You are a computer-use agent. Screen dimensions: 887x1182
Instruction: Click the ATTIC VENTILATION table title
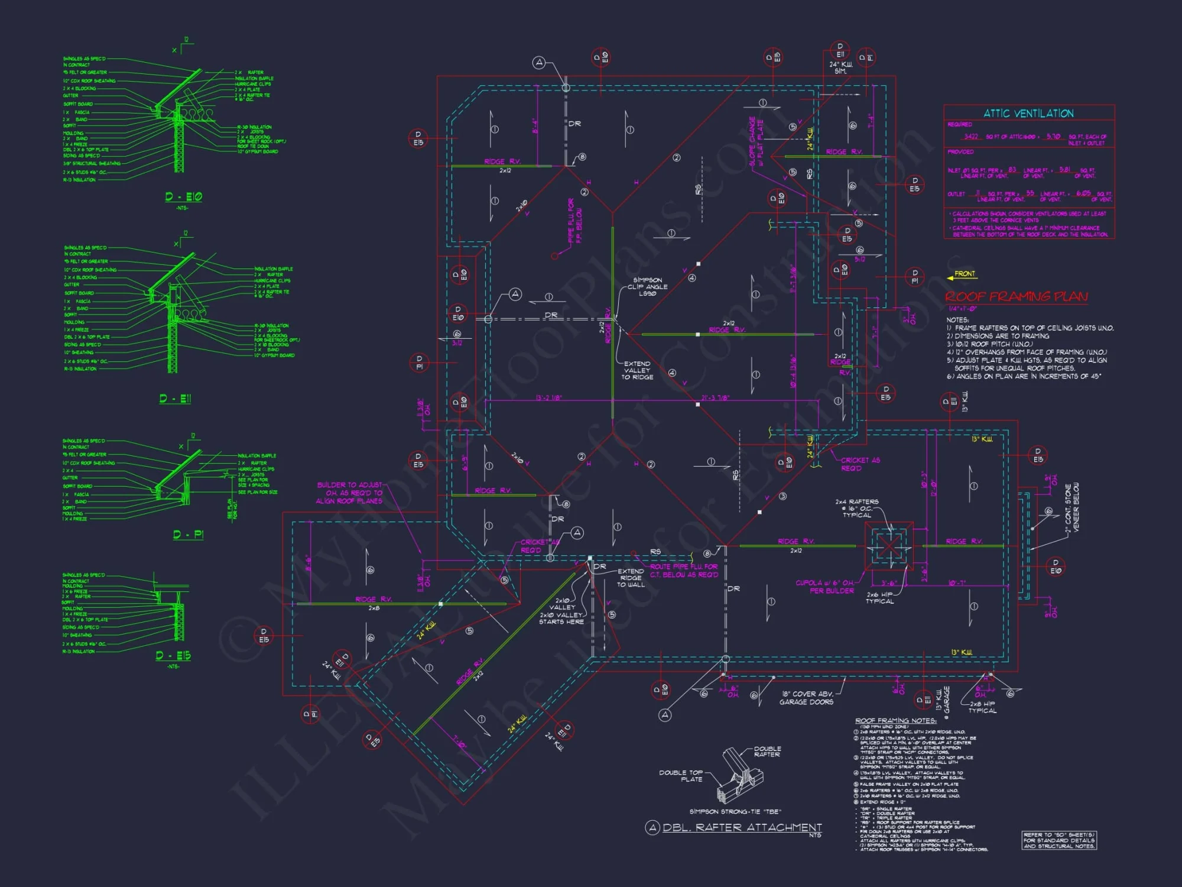[1028, 114]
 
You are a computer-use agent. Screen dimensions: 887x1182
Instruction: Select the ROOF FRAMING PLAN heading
[1016, 296]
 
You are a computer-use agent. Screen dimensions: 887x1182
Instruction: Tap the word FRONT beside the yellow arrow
[965, 274]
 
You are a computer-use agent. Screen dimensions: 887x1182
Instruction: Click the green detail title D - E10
[183, 197]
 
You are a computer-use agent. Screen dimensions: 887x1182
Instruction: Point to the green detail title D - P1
[188, 535]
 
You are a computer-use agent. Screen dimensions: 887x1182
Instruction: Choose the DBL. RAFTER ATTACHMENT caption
[741, 828]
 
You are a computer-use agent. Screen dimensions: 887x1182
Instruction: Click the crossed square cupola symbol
[889, 545]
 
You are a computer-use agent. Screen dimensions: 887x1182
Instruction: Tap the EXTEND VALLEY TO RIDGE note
[637, 371]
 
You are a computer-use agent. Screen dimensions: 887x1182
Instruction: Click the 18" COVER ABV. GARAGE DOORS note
[807, 698]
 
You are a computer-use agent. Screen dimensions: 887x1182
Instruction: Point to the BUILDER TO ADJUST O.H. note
[349, 493]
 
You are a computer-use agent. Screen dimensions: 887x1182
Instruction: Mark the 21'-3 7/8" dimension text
[715, 398]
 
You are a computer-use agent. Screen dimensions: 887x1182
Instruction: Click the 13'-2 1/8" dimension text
[549, 398]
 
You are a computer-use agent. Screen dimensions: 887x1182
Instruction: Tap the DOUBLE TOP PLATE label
[681, 776]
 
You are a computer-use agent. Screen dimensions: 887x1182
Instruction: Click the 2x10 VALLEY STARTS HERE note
[561, 619]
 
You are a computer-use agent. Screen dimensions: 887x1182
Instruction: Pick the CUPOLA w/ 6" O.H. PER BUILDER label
[824, 587]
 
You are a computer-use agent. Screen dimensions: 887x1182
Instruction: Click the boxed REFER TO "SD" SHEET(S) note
[1059, 840]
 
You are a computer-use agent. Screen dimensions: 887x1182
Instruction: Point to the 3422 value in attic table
[971, 137]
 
